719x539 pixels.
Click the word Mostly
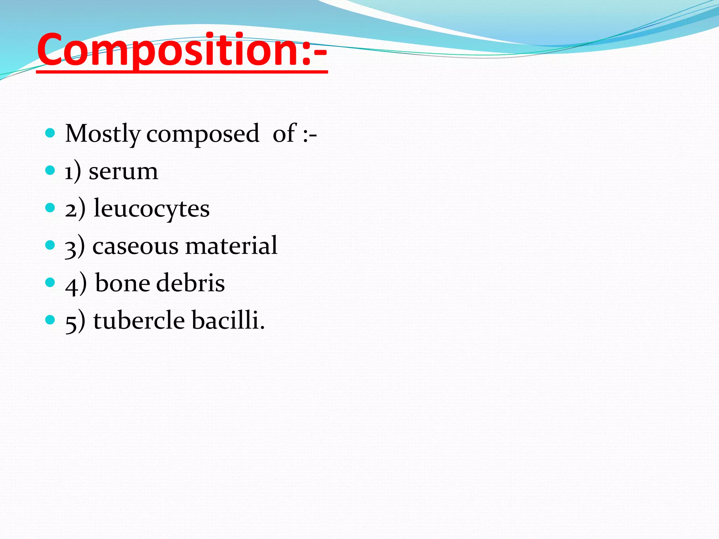pos(103,134)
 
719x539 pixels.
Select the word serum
pos(123,172)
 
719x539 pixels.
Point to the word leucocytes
pos(152,209)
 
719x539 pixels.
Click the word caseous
pos(135,246)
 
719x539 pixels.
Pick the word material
pos(231,246)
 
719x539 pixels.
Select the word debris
pos(190,283)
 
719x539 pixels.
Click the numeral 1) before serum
pos(73,172)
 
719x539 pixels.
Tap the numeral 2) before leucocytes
pos(75,209)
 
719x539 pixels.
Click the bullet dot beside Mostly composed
pos(50,133)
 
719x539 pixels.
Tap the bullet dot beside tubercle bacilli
pos(50,320)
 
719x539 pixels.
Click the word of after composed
pos(284,134)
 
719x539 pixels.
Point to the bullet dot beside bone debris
pos(50,282)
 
